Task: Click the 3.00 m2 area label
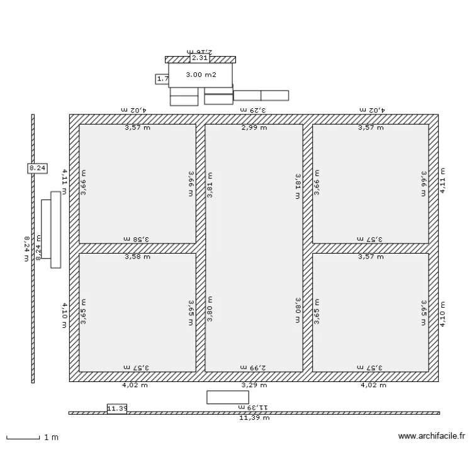(201, 75)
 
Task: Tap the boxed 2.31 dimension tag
(199, 58)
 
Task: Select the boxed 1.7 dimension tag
(162, 79)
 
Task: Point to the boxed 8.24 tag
(37, 167)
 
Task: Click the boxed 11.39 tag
(117, 408)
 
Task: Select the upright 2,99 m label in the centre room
(254, 128)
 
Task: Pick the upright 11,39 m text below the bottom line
(254, 417)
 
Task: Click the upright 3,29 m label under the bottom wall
(254, 385)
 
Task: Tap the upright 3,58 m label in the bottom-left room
(137, 256)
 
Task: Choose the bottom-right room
(371, 312)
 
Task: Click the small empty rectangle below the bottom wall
(227, 397)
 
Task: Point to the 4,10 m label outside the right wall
(442, 312)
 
